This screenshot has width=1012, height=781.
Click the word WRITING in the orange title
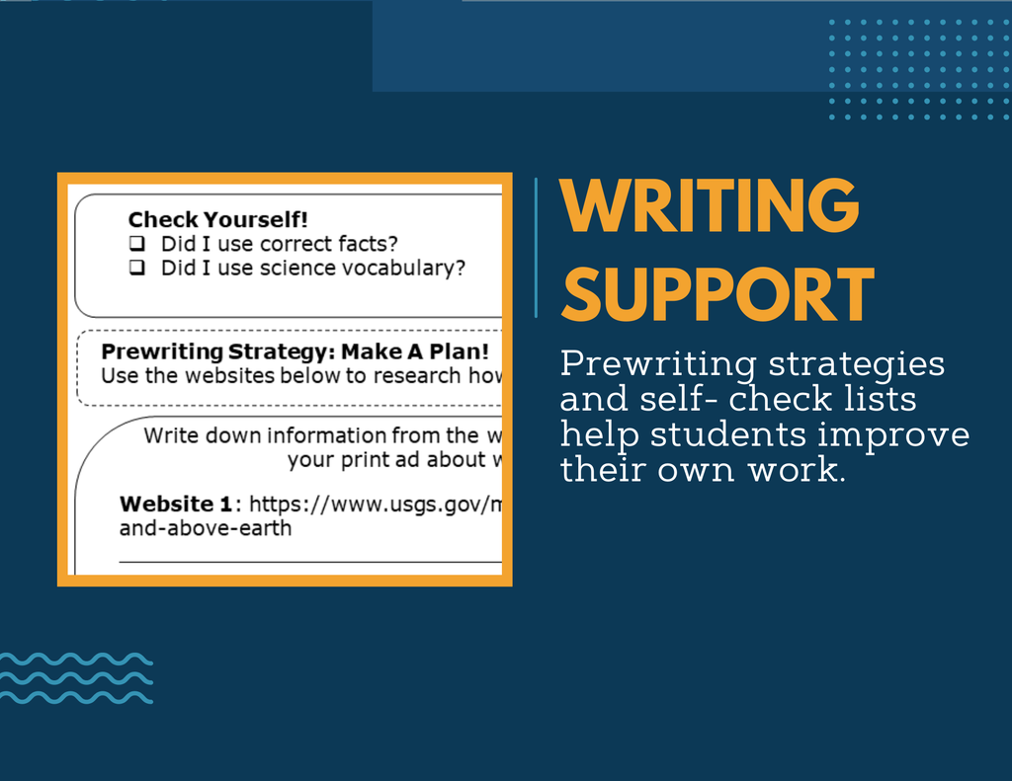[x=710, y=205]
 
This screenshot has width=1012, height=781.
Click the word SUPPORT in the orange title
[x=717, y=295]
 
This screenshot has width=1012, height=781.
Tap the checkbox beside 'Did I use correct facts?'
[x=136, y=243]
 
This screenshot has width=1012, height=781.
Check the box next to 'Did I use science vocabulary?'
[x=136, y=267]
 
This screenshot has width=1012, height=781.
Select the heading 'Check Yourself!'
[x=217, y=219]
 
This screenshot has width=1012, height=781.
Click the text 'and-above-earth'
[x=206, y=528]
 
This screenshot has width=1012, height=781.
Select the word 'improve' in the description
[x=893, y=435]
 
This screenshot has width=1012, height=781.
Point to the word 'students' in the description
[x=728, y=434]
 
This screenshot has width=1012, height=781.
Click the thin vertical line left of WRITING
[x=536, y=248]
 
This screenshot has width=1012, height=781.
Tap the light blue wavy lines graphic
[x=76, y=677]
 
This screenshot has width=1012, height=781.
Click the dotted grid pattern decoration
[x=919, y=70]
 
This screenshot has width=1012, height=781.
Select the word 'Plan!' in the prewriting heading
[x=459, y=351]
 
